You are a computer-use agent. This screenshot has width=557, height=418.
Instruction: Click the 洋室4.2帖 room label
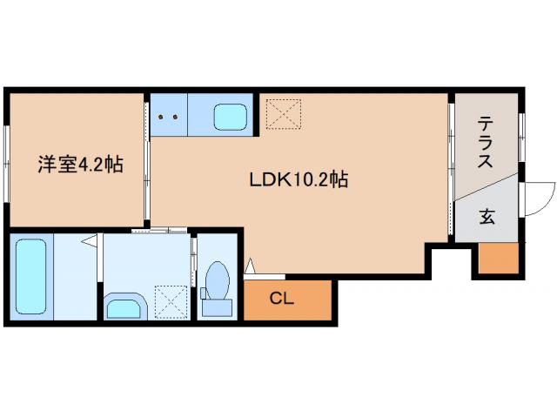81,165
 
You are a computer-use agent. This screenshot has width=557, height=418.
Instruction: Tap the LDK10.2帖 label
299,179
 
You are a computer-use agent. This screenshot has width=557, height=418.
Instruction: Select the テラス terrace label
486,142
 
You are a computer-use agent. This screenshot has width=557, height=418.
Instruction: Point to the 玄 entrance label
487,217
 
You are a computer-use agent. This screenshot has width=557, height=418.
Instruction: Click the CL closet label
282,299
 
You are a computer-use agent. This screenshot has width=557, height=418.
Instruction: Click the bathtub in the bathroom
31,277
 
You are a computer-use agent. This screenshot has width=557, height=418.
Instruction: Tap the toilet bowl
218,280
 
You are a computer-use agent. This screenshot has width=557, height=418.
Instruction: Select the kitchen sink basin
231,117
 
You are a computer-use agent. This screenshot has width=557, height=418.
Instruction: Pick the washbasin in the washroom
125,307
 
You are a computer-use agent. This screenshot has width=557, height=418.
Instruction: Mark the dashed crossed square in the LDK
284,114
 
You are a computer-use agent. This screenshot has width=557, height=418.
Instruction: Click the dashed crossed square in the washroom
171,301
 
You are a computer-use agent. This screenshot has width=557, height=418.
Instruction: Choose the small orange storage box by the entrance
499,258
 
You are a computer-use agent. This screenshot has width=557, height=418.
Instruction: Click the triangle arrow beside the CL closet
251,266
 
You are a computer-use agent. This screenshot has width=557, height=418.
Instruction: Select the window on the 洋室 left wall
7,165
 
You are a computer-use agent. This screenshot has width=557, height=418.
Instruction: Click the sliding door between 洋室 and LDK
147,160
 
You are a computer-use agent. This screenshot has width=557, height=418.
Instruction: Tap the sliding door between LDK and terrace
451,169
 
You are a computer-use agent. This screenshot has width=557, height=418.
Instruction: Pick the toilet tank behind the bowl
217,307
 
